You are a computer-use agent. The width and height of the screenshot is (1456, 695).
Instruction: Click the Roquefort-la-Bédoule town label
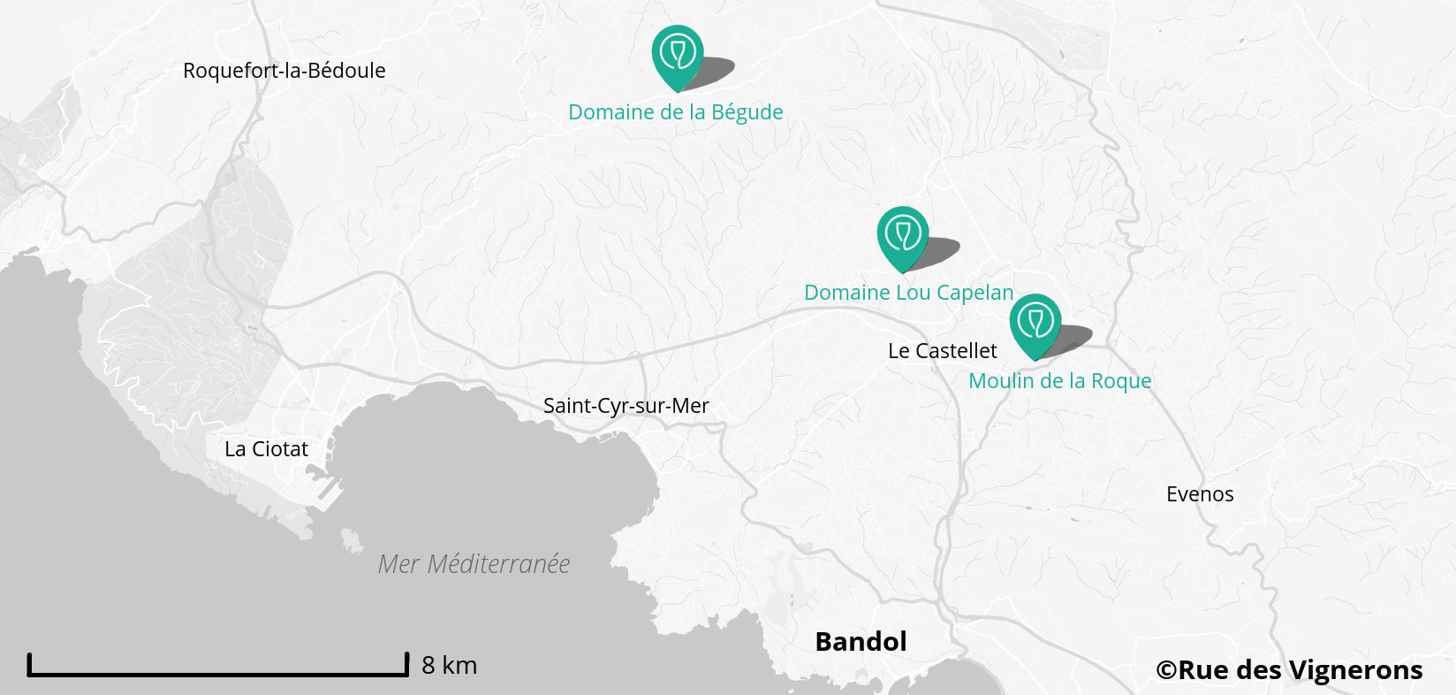pyautogui.click(x=284, y=71)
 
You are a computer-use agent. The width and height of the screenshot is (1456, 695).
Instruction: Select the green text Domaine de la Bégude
pyautogui.click(x=675, y=112)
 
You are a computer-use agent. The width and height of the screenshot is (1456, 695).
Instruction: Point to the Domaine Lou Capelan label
pyautogui.click(x=908, y=293)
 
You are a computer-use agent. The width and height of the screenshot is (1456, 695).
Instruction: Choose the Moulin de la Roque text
pyautogui.click(x=1059, y=381)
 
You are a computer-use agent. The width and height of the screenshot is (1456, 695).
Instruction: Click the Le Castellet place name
pyautogui.click(x=942, y=351)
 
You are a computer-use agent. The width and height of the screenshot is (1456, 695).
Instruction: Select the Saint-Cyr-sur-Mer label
pyautogui.click(x=626, y=406)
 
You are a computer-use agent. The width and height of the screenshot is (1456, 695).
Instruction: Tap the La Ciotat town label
pyautogui.click(x=266, y=449)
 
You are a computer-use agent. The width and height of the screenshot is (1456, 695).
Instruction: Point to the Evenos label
pyautogui.click(x=1199, y=494)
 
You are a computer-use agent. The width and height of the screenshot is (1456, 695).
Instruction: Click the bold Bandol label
pyautogui.click(x=861, y=642)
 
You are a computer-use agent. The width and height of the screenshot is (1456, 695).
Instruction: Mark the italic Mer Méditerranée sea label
pyautogui.click(x=474, y=564)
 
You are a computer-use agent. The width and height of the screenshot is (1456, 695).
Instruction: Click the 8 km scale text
pyautogui.click(x=449, y=665)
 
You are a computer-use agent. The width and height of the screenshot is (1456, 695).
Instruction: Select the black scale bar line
pyautogui.click(x=217, y=674)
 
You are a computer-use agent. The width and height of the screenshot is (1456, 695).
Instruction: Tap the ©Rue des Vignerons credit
pyautogui.click(x=1289, y=670)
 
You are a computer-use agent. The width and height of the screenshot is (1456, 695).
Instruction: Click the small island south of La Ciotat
pyautogui.click(x=352, y=540)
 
